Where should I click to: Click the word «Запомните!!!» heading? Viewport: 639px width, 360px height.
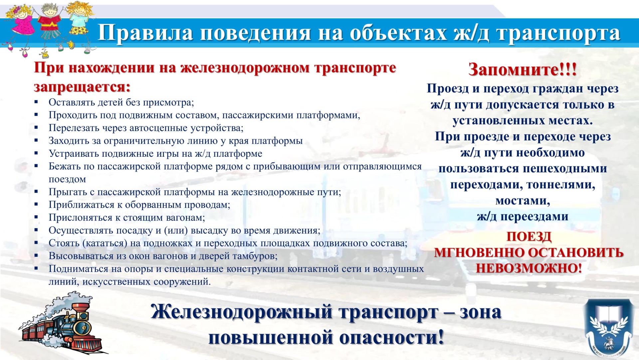tap(522, 70)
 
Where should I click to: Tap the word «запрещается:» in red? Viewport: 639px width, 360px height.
tap(82, 87)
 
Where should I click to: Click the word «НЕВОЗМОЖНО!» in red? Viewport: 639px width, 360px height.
tap(529, 268)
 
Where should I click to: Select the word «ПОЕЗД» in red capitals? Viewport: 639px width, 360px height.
tap(529, 237)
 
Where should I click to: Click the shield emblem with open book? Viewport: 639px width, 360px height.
tap(608, 328)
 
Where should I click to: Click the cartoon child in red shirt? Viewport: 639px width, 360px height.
tap(49, 27)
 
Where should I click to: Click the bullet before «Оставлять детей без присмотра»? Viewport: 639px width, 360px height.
tap(36, 102)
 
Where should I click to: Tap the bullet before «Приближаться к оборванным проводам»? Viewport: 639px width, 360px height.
tap(36, 205)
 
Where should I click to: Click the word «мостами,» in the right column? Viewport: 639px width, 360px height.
tap(523, 201)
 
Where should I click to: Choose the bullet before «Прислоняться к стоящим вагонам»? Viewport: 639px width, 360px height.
tap(36, 217)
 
